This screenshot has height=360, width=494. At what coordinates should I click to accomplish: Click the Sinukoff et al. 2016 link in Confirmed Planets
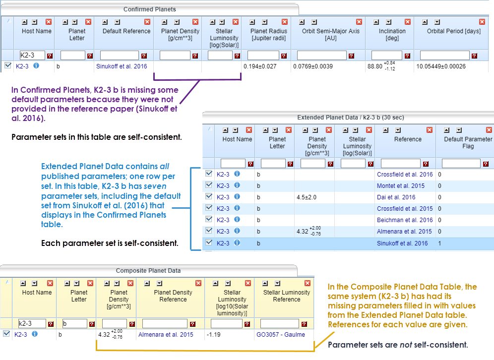click(x=121, y=66)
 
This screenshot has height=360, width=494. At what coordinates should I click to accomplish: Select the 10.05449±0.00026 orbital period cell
click(x=441, y=66)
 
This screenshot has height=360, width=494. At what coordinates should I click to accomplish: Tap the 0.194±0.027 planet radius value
click(x=260, y=66)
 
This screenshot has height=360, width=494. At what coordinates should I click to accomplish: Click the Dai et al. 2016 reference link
click(x=396, y=197)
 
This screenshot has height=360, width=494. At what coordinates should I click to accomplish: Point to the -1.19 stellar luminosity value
click(x=215, y=335)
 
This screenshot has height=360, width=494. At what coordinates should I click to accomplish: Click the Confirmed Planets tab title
click(x=149, y=9)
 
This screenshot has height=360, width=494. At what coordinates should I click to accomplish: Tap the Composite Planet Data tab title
click(x=148, y=271)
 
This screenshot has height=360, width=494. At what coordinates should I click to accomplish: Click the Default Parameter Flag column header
click(x=464, y=143)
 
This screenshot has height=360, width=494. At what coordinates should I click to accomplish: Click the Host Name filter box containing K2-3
click(x=32, y=56)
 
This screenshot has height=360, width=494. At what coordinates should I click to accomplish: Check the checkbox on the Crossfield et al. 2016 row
click(x=209, y=174)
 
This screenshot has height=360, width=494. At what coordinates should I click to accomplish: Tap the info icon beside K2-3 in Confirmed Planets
click(x=36, y=65)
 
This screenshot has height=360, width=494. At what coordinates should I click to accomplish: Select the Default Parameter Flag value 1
click(x=439, y=243)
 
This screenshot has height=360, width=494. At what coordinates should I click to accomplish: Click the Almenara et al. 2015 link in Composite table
click(x=166, y=335)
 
